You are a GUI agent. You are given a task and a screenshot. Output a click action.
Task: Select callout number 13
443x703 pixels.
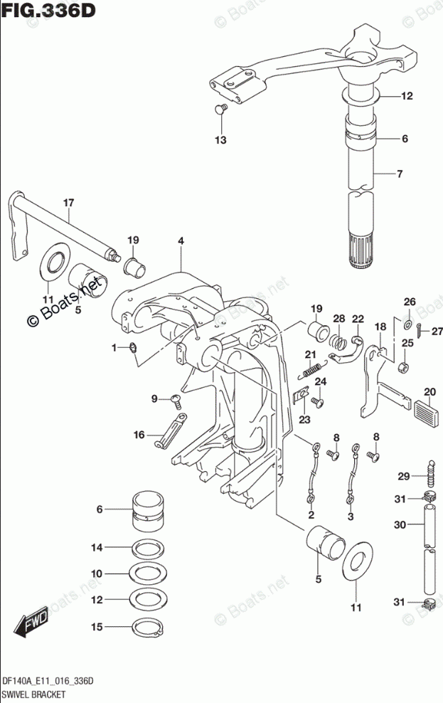(221, 140)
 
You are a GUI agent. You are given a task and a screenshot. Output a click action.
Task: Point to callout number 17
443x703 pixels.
(68, 203)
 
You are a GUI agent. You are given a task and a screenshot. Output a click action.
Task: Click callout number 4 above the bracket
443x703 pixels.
(181, 241)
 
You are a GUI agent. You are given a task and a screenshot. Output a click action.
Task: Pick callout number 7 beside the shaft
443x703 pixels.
(400, 173)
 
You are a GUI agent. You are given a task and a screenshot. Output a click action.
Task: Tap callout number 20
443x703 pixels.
(429, 391)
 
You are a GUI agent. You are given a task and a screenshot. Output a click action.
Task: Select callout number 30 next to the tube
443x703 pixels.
(401, 525)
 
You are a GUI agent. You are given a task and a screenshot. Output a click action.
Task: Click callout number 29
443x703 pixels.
(402, 476)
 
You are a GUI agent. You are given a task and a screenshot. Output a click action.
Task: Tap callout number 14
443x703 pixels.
(97, 546)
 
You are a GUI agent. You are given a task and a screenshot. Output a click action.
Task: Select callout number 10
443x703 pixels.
(97, 573)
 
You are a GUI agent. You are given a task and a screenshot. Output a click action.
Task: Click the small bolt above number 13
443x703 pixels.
(220, 109)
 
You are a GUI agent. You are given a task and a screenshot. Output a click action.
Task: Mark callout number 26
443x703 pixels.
(409, 302)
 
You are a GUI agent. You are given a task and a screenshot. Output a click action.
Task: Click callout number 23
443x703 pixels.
(304, 420)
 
